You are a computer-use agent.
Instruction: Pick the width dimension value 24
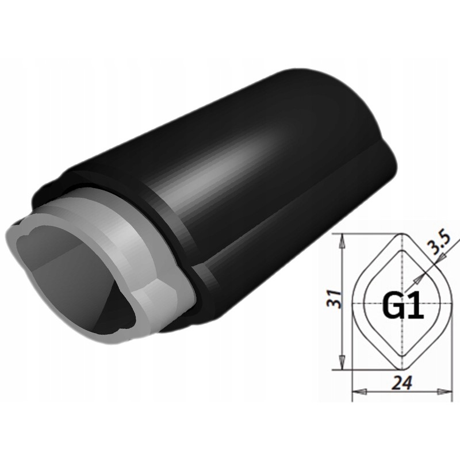point(401,381)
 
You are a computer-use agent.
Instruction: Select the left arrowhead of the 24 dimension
point(359,392)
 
